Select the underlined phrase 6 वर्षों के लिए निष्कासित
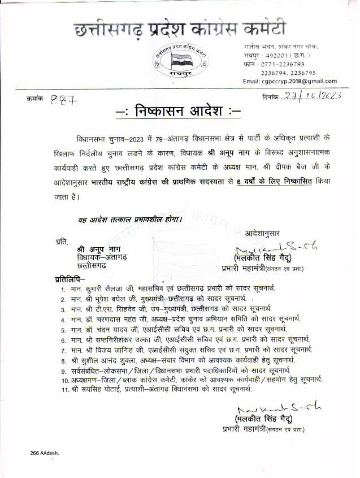tap(274, 182)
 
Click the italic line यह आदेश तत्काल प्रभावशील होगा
tap(130, 220)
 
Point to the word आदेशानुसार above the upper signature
tap(262, 233)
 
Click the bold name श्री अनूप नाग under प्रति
tap(99, 249)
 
